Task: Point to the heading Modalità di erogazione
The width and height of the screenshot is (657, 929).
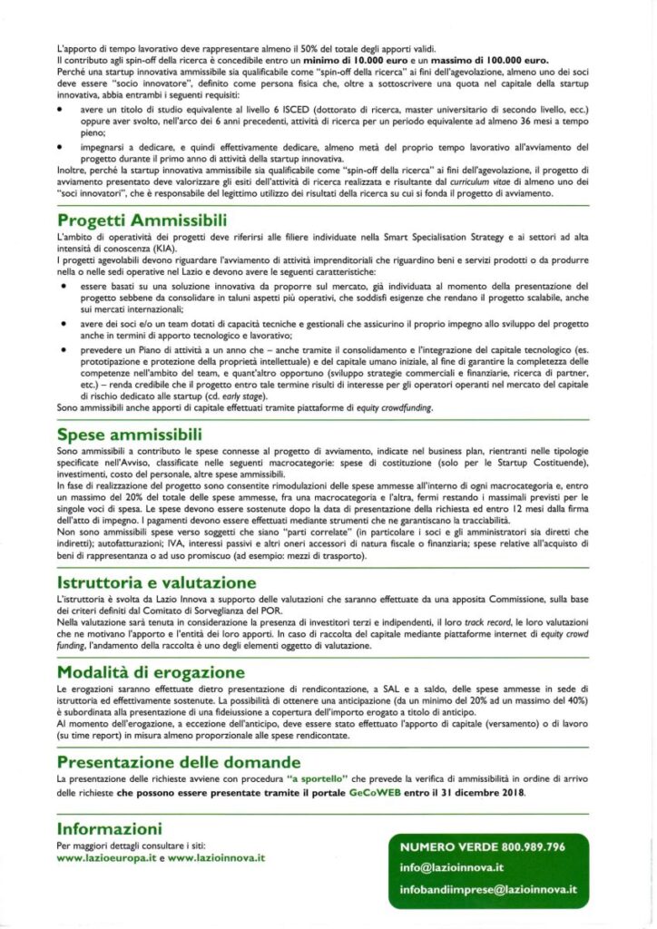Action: coord(150,672)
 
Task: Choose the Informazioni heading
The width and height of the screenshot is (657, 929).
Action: coord(110,828)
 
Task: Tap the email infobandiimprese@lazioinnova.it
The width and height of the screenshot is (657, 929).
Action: coord(488,890)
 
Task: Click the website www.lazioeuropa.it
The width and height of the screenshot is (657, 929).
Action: coord(106,857)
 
